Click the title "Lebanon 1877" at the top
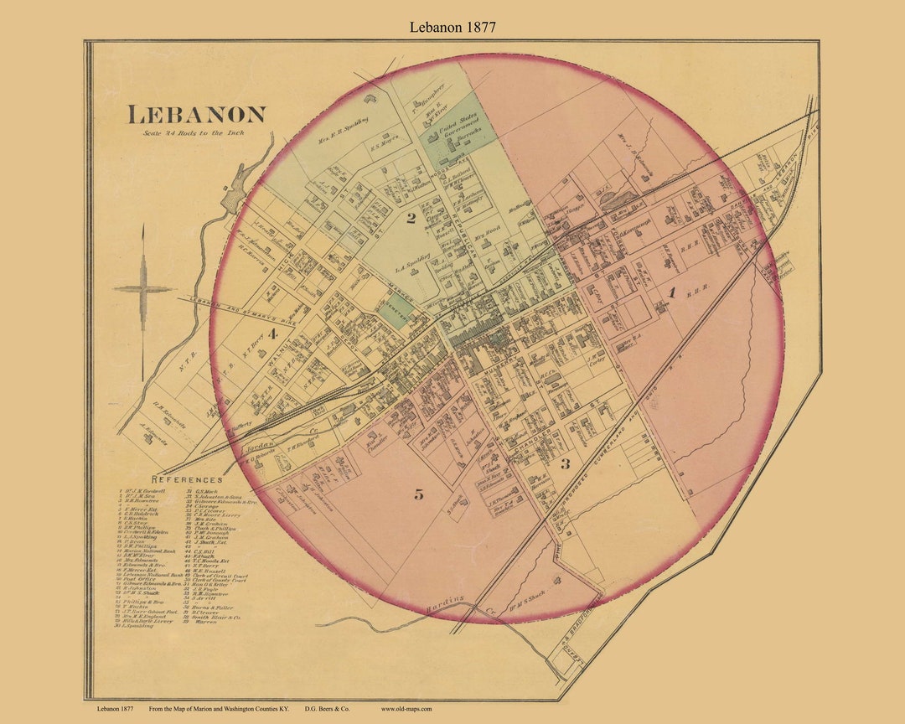click(x=452, y=27)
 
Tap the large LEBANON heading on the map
click(x=196, y=115)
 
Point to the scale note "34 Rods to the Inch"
click(x=194, y=132)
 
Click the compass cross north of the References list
click(x=142, y=289)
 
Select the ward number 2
click(x=411, y=220)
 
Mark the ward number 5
click(x=418, y=494)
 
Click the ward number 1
click(x=670, y=292)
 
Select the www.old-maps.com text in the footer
click(x=406, y=709)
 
